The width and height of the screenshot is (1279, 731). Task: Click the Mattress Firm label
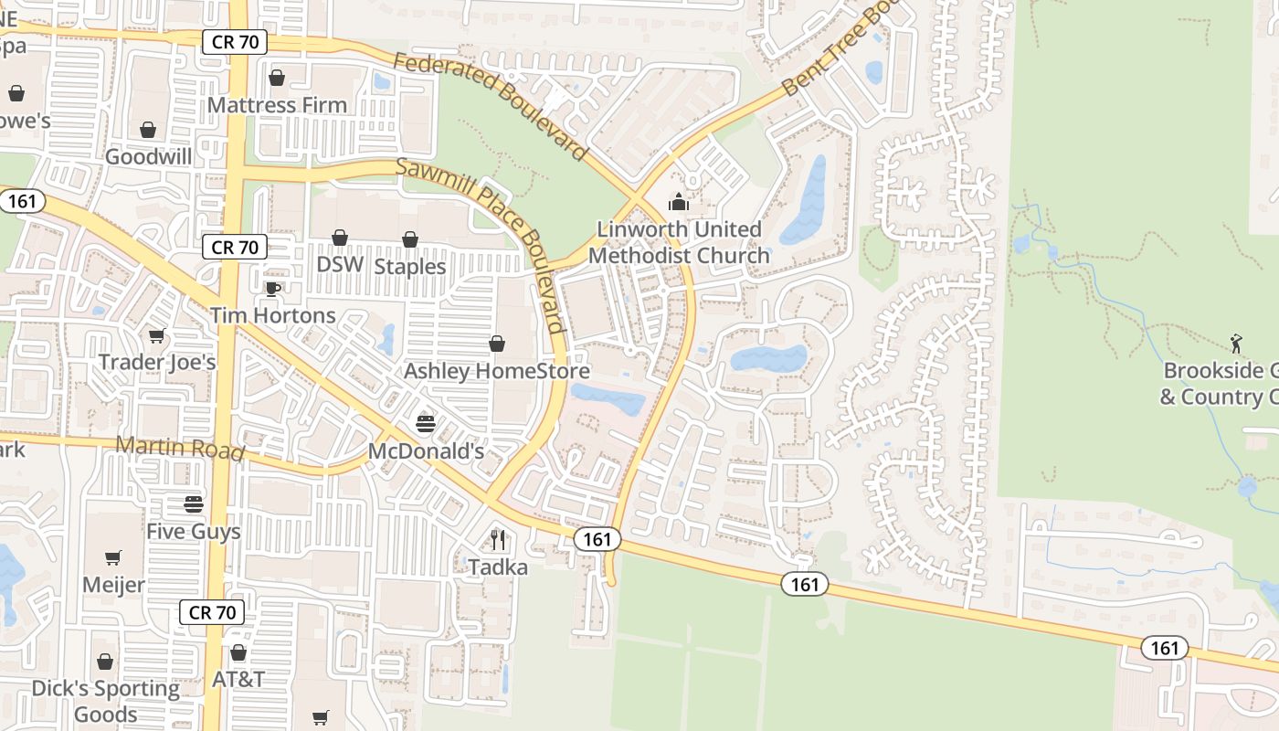pyautogui.click(x=277, y=105)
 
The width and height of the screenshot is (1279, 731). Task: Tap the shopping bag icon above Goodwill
pyautogui.click(x=148, y=130)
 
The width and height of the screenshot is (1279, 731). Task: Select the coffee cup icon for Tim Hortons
pyautogui.click(x=272, y=290)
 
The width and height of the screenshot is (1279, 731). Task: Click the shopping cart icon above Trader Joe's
pyautogui.click(x=157, y=335)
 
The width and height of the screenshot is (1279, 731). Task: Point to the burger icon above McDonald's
pyautogui.click(x=426, y=423)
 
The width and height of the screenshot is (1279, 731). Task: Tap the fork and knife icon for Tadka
pyautogui.click(x=498, y=540)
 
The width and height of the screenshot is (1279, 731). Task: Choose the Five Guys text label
pyautogui.click(x=194, y=531)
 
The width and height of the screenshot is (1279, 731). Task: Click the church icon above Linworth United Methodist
pyautogui.click(x=678, y=202)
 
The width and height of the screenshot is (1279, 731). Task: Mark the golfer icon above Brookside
pyautogui.click(x=1236, y=344)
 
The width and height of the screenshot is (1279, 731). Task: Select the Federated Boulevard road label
pyautogui.click(x=490, y=104)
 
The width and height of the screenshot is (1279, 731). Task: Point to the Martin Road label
pyautogui.click(x=180, y=449)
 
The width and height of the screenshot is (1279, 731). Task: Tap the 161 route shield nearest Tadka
pyautogui.click(x=597, y=539)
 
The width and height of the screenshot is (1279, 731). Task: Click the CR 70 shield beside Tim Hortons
pyautogui.click(x=235, y=247)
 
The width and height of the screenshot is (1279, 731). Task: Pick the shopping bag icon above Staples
pyautogui.click(x=410, y=239)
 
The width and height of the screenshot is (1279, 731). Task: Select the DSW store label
pyautogui.click(x=340, y=265)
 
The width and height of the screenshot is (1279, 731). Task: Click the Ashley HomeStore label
pyautogui.click(x=496, y=371)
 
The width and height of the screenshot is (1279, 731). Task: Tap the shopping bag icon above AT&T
pyautogui.click(x=238, y=652)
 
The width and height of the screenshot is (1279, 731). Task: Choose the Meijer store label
pyautogui.click(x=113, y=584)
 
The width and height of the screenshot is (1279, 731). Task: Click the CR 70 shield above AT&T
pyautogui.click(x=213, y=612)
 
